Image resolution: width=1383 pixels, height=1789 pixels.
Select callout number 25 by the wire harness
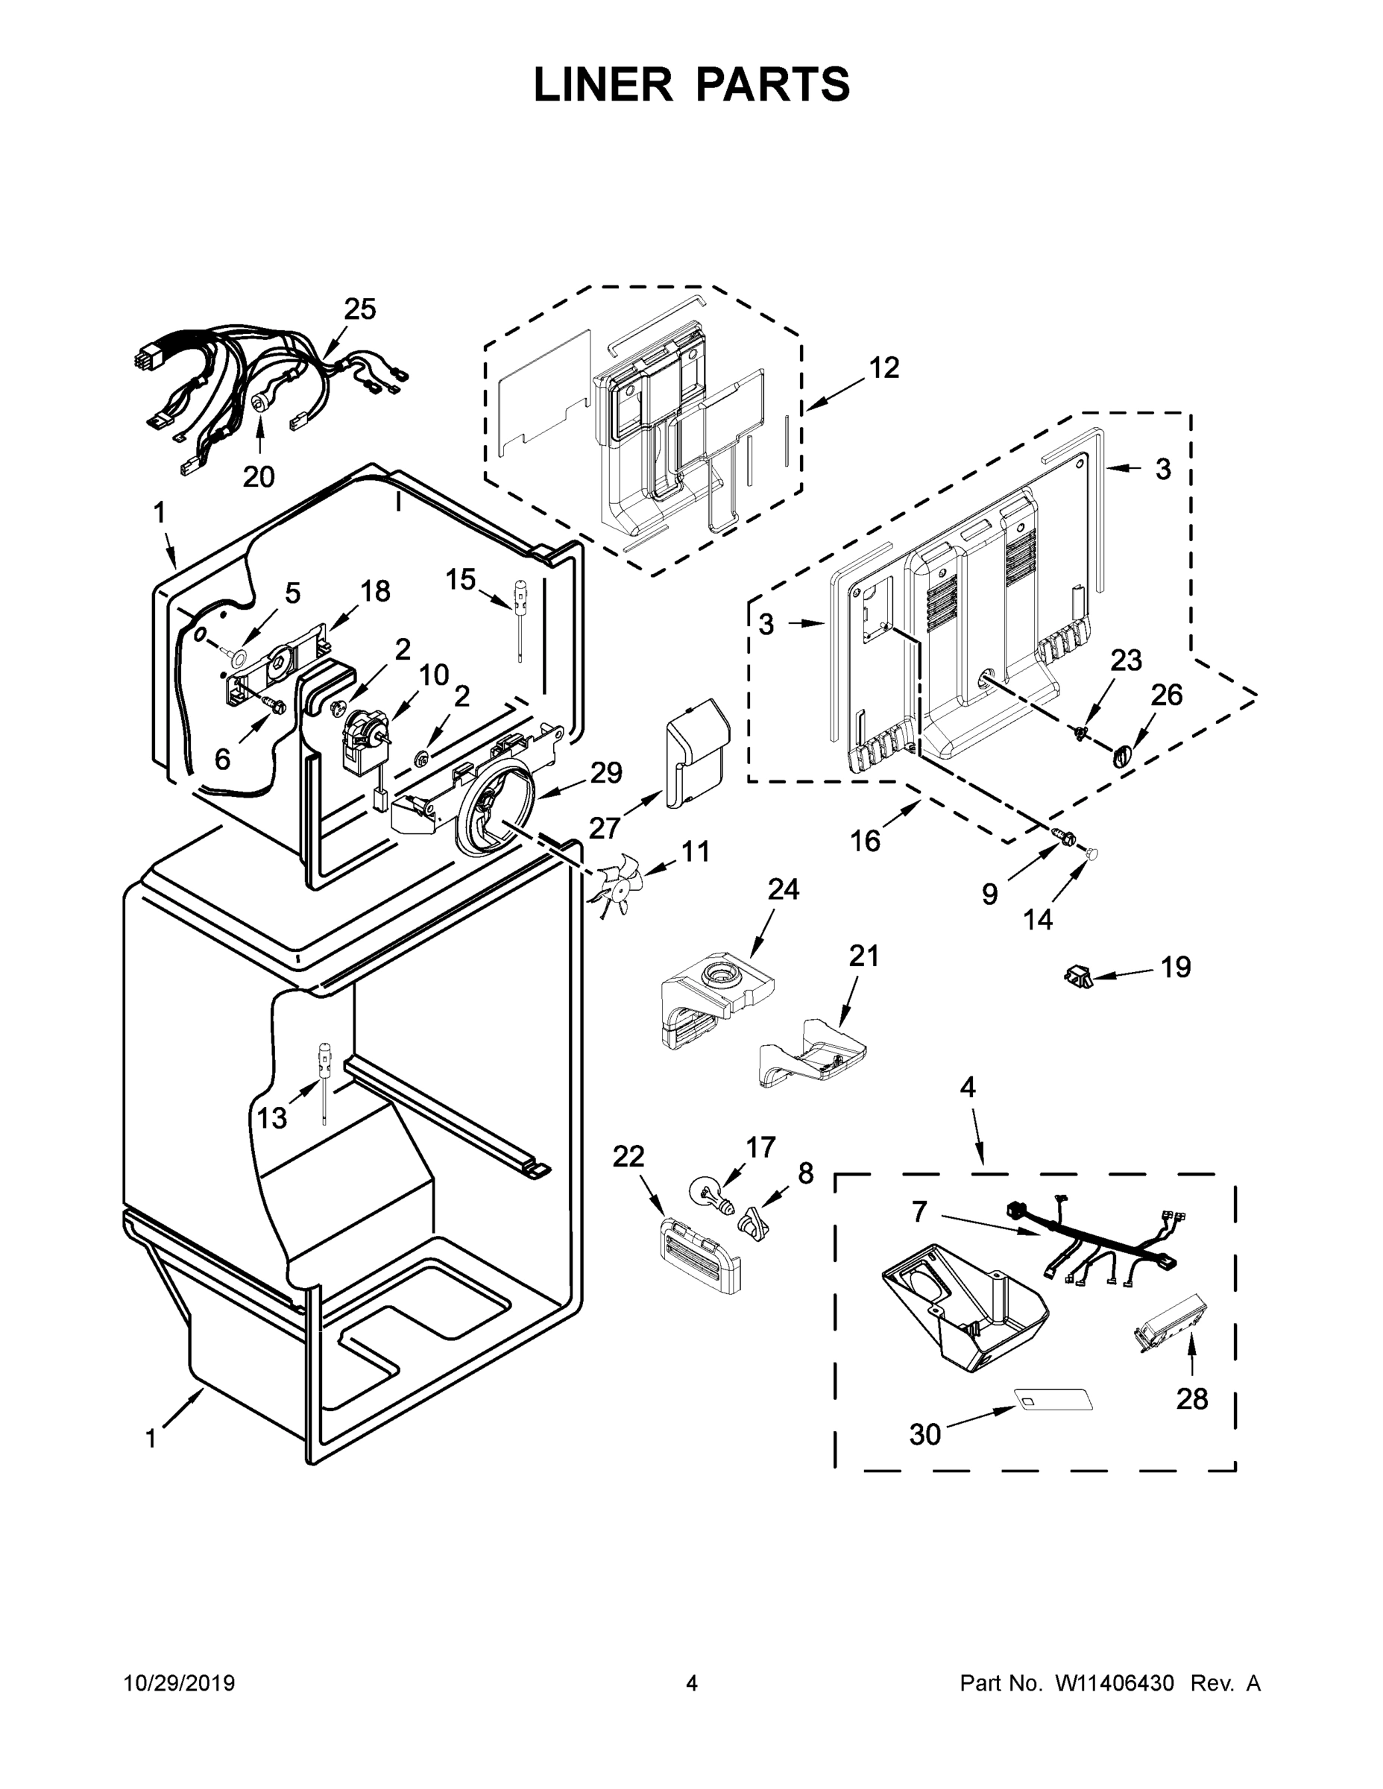(x=359, y=309)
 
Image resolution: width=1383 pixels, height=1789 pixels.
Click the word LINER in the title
(x=602, y=84)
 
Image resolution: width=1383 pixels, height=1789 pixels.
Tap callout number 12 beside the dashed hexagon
(x=884, y=369)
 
